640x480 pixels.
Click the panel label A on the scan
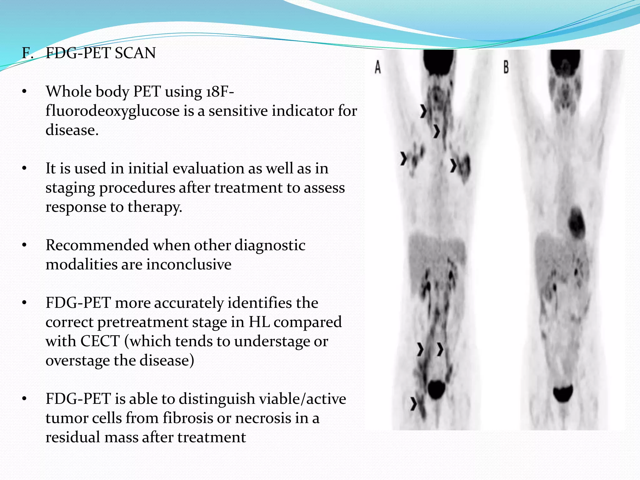378,67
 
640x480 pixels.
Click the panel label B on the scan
506,67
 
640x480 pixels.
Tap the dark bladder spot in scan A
436,390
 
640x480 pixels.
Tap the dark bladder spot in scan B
563,394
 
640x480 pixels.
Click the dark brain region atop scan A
438,61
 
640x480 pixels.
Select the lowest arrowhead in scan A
414,403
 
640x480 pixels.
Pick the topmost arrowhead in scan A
423,111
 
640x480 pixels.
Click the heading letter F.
27,53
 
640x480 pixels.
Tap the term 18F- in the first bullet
220,92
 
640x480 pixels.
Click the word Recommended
97,245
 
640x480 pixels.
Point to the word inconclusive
188,265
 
